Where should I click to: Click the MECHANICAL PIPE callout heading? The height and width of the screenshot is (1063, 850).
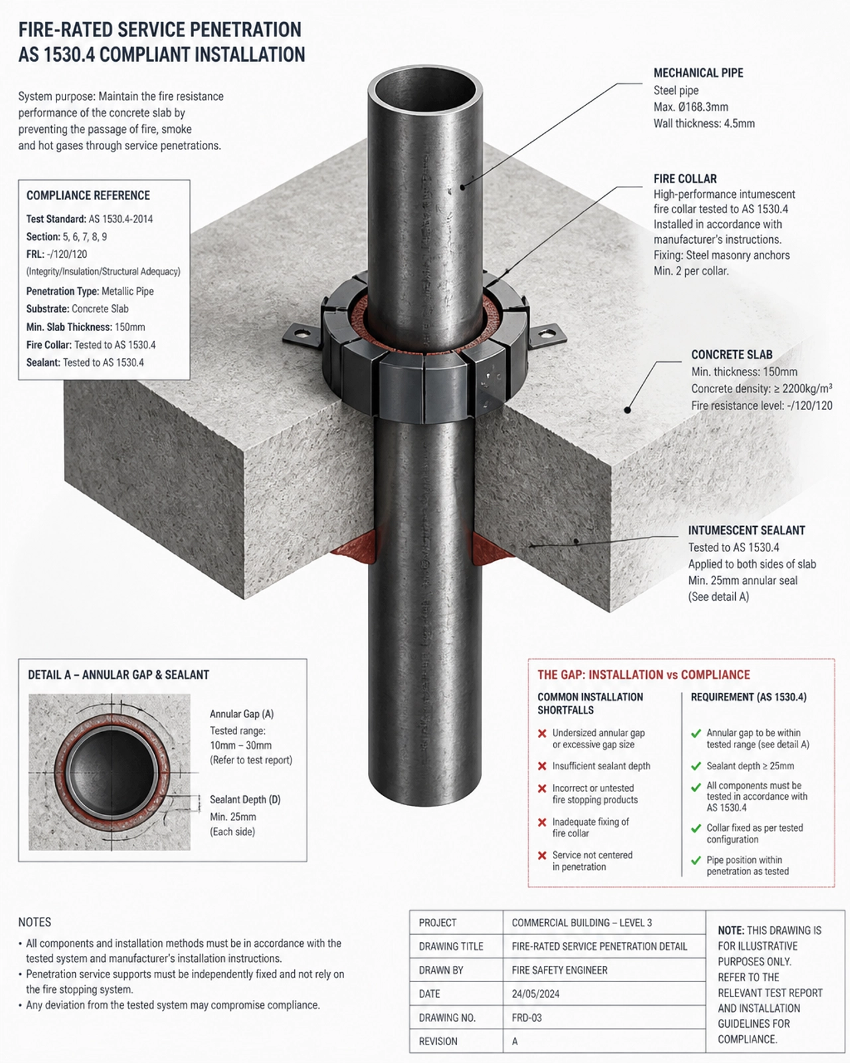[x=699, y=73]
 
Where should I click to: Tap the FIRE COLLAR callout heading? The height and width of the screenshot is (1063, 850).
[x=685, y=178]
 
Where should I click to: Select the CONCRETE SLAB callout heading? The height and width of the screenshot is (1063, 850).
[x=731, y=355]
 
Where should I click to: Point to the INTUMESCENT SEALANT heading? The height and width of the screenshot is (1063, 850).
[x=746, y=531]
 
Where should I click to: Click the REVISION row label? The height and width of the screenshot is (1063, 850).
[x=438, y=1041]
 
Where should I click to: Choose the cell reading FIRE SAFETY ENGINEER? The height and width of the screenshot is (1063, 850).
[x=560, y=969]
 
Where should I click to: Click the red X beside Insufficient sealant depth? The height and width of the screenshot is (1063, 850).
[x=542, y=766]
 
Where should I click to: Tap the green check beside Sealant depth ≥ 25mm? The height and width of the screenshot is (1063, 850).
[x=696, y=766]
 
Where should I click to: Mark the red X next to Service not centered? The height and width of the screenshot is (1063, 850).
[x=542, y=855]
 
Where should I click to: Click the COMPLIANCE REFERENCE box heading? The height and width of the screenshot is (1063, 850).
[x=88, y=195]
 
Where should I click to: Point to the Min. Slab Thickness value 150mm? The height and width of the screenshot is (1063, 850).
[x=130, y=327]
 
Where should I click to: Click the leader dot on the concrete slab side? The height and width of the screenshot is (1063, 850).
[x=628, y=409]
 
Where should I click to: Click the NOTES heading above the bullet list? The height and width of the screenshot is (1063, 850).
[x=35, y=921]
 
